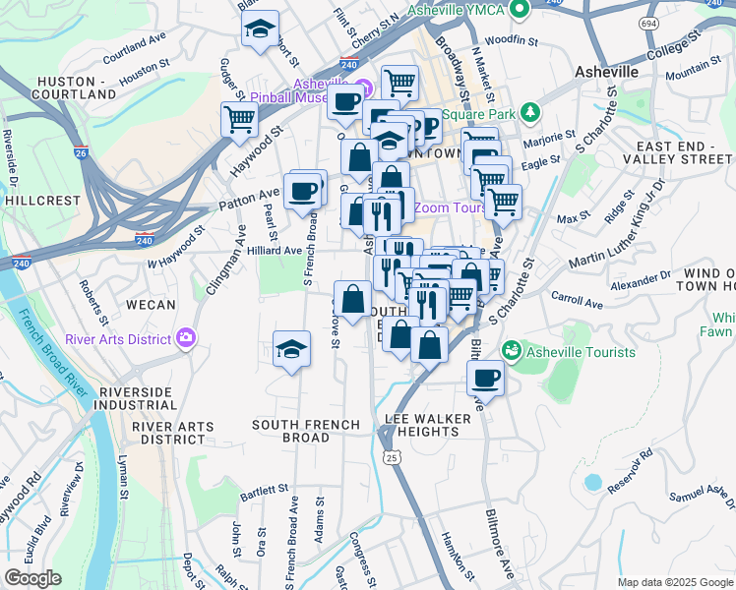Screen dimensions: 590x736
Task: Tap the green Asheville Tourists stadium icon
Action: [x=511, y=349]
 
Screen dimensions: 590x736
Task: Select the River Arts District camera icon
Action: [x=187, y=339]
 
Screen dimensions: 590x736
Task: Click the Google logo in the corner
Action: [x=31, y=577]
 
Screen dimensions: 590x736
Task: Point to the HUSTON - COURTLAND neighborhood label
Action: [x=74, y=88]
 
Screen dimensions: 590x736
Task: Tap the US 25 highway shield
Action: [x=392, y=457]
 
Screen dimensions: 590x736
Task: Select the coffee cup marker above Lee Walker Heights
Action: [x=483, y=377]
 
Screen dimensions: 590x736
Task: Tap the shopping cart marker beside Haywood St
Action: [x=240, y=120]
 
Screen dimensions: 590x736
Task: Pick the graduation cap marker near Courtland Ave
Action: [x=260, y=29]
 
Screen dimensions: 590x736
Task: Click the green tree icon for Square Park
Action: [x=530, y=113]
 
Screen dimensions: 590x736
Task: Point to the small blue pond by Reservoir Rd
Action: [x=591, y=483]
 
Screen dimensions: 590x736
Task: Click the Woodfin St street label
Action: [x=518, y=41]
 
